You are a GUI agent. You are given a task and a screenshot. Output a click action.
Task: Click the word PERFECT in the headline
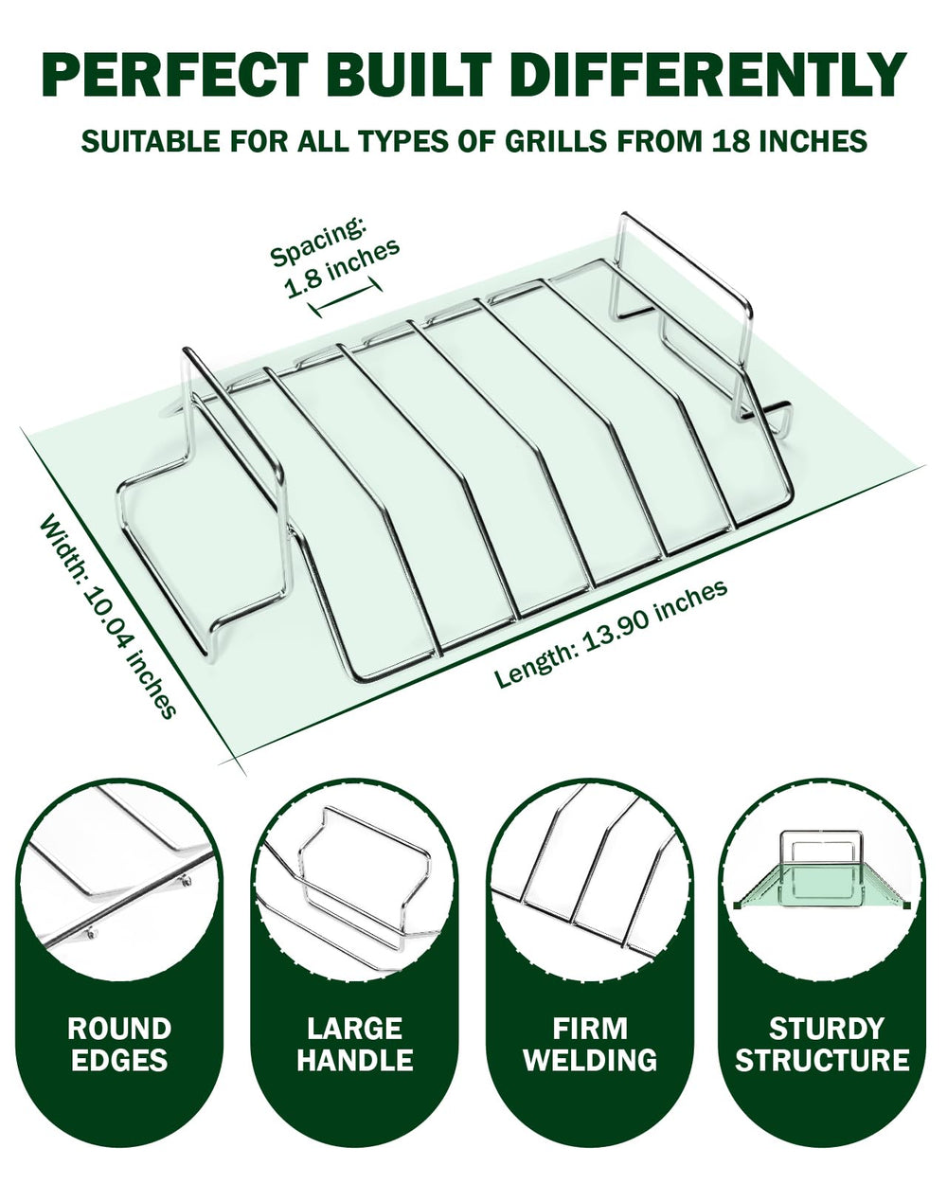click(174, 75)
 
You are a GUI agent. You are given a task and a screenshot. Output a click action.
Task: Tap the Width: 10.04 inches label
click(108, 616)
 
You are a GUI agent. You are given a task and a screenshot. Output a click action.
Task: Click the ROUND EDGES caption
click(119, 1045)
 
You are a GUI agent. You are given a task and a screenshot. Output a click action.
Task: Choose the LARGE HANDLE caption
click(355, 1045)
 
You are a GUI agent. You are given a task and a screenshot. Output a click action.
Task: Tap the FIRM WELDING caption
click(590, 1045)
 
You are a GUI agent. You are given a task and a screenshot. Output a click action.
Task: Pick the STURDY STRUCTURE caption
click(823, 1045)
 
